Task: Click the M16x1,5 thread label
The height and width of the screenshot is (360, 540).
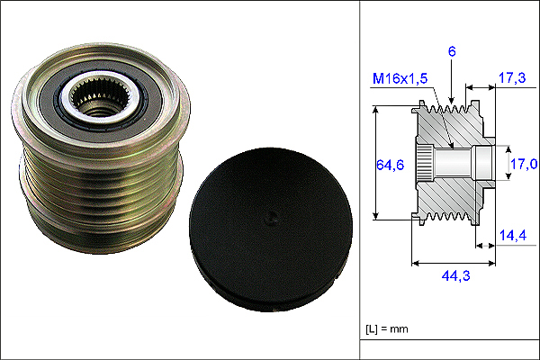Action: [400, 78]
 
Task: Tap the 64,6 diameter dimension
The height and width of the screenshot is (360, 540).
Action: [390, 165]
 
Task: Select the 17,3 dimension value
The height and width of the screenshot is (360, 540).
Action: [512, 78]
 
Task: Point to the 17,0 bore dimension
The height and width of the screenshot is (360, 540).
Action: [524, 164]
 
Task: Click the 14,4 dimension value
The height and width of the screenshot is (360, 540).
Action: [513, 235]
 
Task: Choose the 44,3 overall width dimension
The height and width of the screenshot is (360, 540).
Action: [455, 275]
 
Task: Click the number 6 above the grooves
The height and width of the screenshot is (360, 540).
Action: [452, 51]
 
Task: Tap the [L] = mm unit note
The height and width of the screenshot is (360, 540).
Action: [387, 329]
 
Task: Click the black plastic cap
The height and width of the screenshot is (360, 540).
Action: [271, 229]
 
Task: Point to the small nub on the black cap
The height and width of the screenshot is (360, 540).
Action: [272, 218]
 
